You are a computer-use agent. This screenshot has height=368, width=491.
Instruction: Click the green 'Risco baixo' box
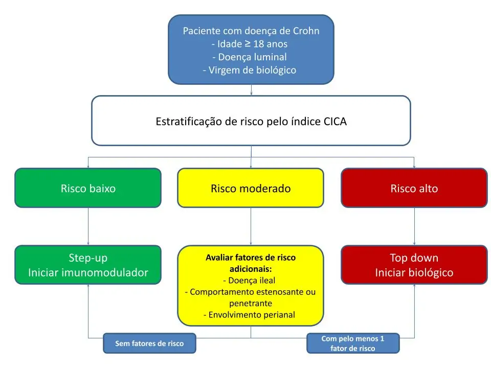pyautogui.click(x=88, y=188)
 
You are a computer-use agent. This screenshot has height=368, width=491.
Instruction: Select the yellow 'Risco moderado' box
pyautogui.click(x=251, y=188)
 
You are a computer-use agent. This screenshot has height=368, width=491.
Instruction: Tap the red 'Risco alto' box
pyautogui.click(x=414, y=188)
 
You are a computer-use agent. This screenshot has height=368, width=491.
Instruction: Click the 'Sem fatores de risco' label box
pyautogui.click(x=149, y=343)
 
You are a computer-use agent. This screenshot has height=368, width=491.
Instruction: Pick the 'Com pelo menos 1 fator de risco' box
pyautogui.click(x=352, y=343)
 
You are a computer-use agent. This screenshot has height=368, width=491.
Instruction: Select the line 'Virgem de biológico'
pyautogui.click(x=251, y=70)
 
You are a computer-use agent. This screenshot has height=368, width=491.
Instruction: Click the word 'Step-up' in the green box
pyautogui.click(x=88, y=258)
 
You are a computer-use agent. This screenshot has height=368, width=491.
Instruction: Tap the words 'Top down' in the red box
pyautogui.click(x=414, y=258)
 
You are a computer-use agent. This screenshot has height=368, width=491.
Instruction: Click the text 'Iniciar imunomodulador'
pyautogui.click(x=88, y=272)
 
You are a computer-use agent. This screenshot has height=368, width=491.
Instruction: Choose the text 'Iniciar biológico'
pyautogui.click(x=414, y=272)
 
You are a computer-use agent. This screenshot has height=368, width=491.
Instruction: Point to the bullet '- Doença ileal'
pyautogui.click(x=250, y=280)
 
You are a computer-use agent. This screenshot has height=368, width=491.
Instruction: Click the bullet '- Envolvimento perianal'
pyautogui.click(x=250, y=315)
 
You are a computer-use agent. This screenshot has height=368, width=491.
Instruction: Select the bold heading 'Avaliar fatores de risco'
pyautogui.click(x=251, y=258)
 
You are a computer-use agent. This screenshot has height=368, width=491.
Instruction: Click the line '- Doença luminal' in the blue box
pyautogui.click(x=251, y=57)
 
